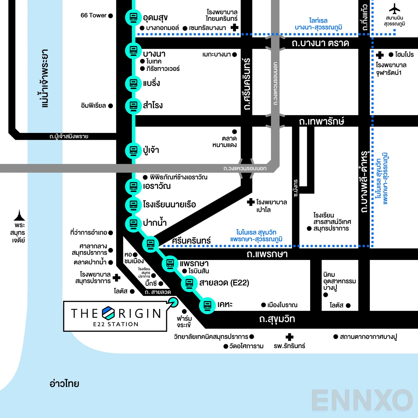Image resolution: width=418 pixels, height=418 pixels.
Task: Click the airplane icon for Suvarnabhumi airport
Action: [394, 9]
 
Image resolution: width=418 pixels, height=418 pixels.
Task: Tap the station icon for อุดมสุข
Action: [133, 17]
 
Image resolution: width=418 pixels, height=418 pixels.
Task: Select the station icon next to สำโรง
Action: [133, 106]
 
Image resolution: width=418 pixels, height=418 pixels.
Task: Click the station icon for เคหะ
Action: [207, 305]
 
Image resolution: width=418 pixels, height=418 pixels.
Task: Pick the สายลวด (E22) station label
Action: [224, 283]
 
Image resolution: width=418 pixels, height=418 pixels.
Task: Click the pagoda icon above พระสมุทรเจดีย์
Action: [19, 215]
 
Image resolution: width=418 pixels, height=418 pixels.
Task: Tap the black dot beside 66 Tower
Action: [111, 16]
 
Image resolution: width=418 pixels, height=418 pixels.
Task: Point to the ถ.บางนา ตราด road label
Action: [320, 43]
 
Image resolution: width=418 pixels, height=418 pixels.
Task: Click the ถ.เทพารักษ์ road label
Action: [321, 121]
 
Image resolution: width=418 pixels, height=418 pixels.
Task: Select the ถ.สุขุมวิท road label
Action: [277, 319]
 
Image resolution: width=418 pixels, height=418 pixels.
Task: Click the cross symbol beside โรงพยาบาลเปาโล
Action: [251, 202]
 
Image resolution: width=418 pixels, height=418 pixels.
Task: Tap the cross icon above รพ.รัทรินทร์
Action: [289, 337]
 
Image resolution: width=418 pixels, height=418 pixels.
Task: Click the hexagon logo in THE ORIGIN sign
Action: [108, 313]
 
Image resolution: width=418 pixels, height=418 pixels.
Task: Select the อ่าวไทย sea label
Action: [64, 384]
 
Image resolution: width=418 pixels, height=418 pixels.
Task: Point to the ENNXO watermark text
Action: [362, 400]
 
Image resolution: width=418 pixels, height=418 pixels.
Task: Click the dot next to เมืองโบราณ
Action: [263, 305]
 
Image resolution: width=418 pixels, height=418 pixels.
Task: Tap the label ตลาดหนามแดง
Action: [224, 142]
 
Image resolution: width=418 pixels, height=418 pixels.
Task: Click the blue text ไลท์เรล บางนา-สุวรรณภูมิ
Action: [318, 24]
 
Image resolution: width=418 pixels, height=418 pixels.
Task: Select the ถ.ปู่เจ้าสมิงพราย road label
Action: [69, 136]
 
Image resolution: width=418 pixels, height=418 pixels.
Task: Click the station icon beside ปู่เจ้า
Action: [133, 150]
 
